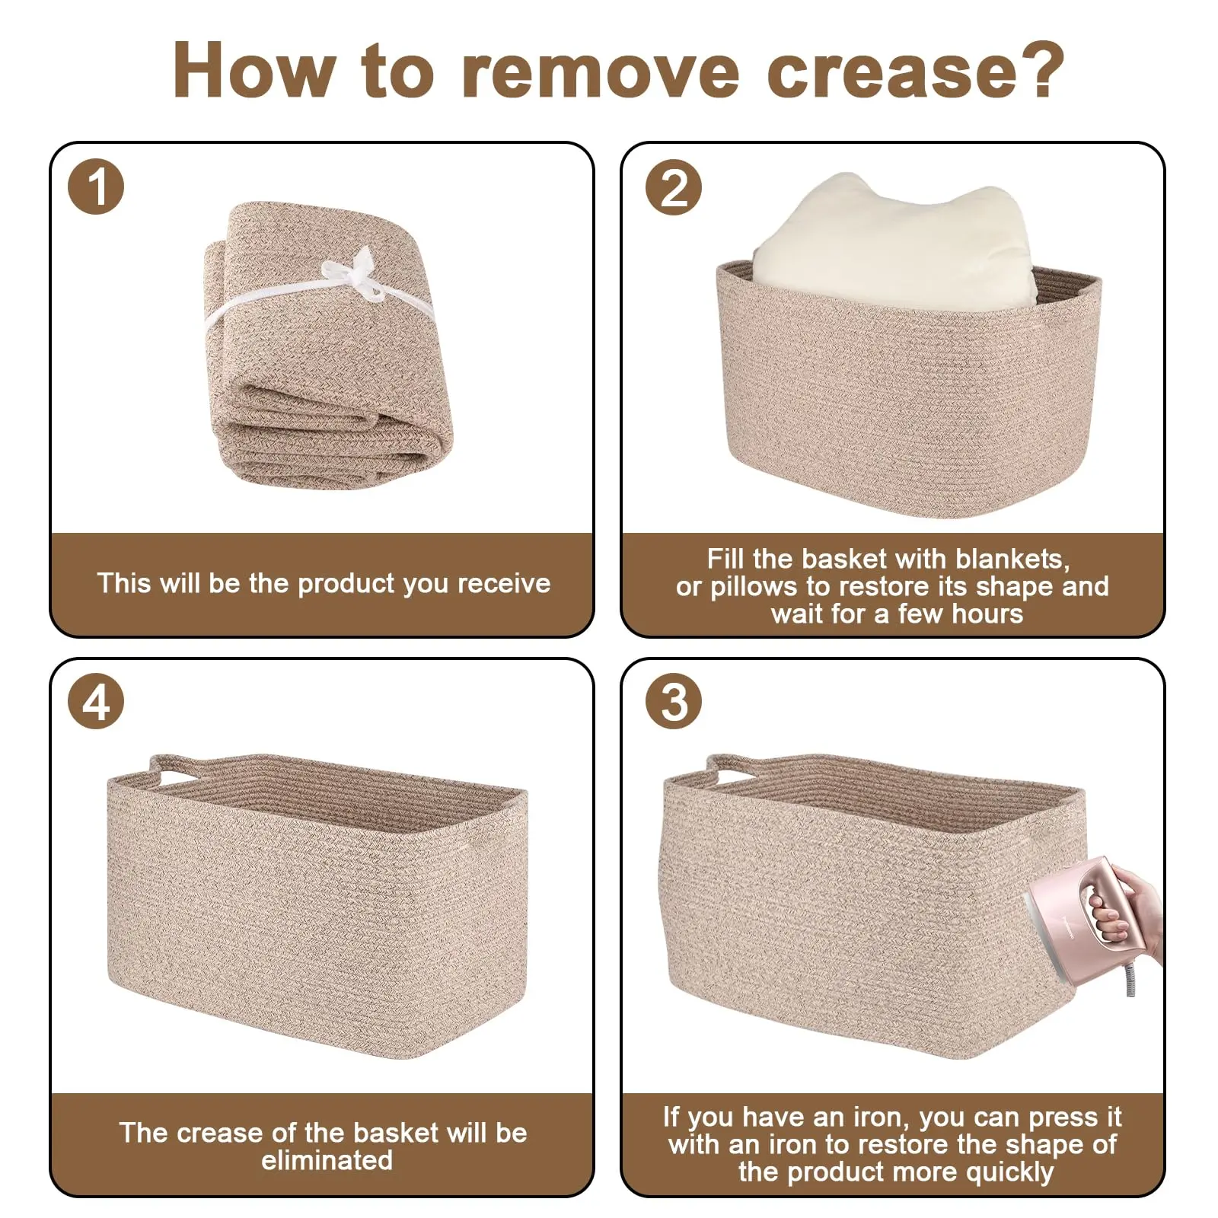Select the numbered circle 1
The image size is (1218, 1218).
pos(96,187)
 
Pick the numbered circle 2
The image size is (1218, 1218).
pos(674,187)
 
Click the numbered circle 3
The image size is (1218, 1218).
pos(674,701)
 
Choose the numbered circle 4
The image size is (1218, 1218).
pos(96,701)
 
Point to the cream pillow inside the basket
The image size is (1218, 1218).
pos(894,244)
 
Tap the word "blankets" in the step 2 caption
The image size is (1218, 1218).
pos(1012,560)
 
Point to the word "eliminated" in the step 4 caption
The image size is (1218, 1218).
pos(327,1161)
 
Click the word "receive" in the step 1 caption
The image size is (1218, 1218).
pos(504,584)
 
